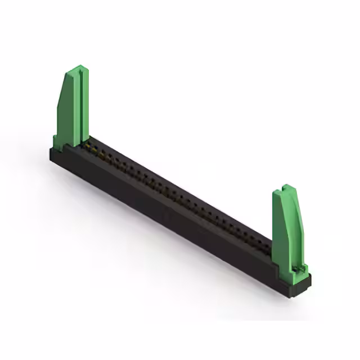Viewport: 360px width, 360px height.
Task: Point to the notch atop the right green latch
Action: click(287, 187)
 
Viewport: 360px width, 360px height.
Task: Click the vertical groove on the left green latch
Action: click(82, 104)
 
